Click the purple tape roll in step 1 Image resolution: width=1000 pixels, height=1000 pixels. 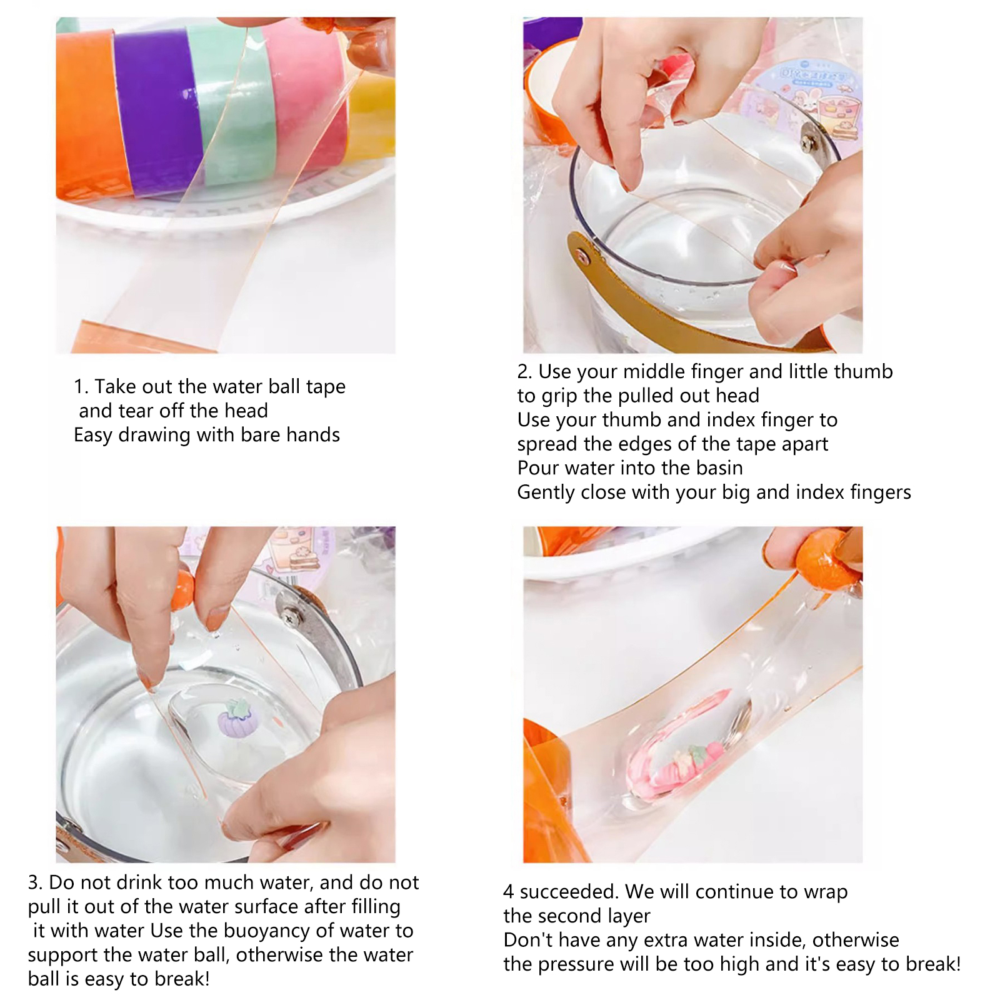coord(156,109)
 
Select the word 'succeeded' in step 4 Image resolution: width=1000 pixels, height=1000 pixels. coord(569,892)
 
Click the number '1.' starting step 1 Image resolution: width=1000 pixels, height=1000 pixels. coord(81,387)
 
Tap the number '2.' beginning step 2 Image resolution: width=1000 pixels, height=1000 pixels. coord(524,372)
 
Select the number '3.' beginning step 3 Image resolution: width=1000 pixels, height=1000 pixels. coord(35,882)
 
